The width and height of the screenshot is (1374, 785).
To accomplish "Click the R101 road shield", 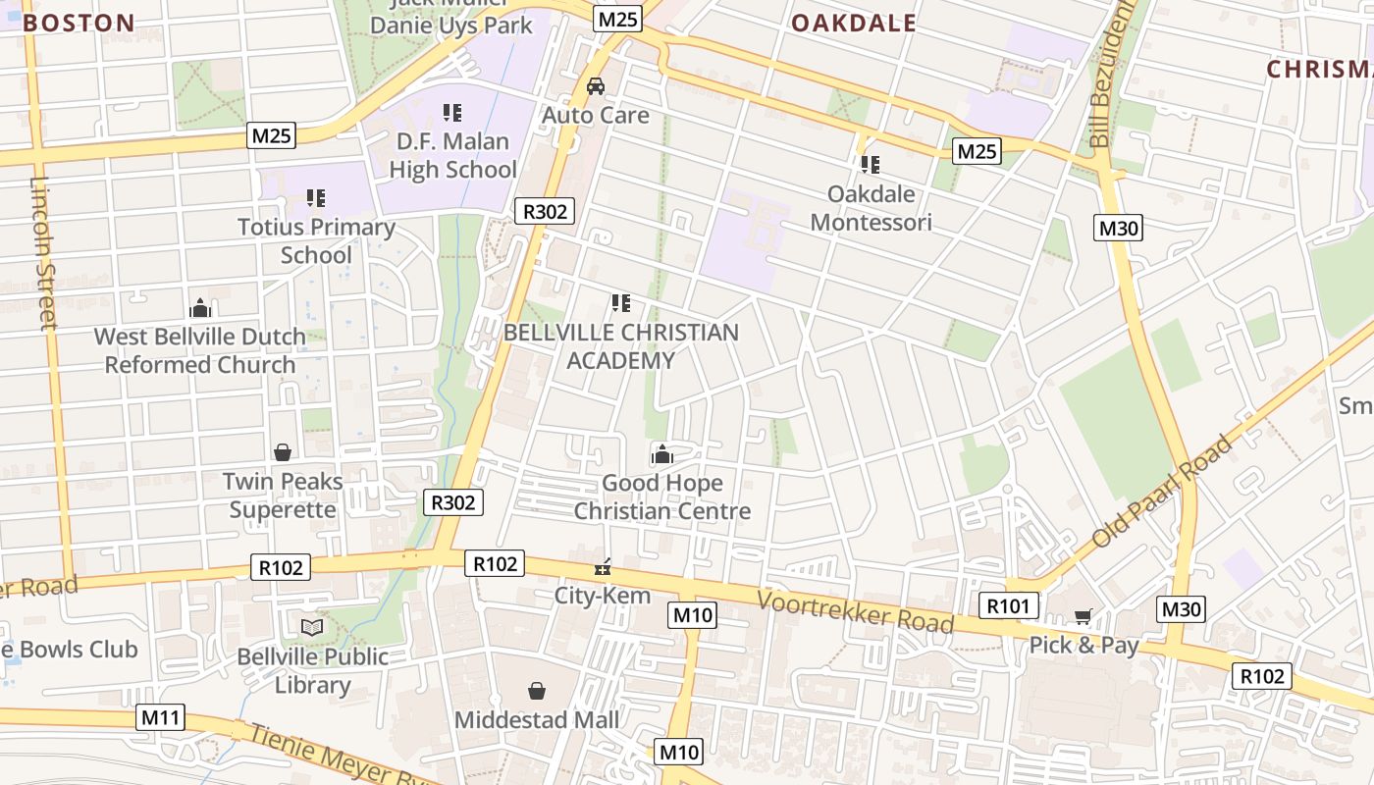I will [x=1008, y=605].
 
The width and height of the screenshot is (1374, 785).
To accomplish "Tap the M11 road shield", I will [x=161, y=717].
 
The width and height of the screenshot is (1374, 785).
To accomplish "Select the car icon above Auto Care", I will [x=596, y=86].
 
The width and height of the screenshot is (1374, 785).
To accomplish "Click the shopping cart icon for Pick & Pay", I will [x=1083, y=616].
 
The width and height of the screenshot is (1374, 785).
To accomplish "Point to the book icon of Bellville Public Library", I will [x=312, y=627].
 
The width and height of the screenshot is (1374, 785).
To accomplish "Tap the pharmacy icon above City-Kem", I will [x=603, y=566].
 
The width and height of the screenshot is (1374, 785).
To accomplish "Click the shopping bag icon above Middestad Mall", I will [x=536, y=691].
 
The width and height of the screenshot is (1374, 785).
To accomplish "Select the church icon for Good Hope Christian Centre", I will [x=662, y=453].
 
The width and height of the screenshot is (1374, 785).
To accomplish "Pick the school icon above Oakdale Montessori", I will [x=870, y=164].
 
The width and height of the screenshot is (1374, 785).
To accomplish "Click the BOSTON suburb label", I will [x=79, y=23].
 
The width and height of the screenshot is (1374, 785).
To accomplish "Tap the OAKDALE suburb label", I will [x=853, y=23].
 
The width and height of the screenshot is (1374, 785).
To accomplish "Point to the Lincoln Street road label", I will [x=45, y=253].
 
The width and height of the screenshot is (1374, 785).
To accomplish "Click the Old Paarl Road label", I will [x=1162, y=493].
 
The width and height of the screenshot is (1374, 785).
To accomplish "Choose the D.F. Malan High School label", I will [x=452, y=155].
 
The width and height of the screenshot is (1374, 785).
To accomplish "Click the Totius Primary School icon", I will [x=315, y=198].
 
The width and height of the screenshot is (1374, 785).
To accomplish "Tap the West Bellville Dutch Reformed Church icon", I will [x=200, y=308].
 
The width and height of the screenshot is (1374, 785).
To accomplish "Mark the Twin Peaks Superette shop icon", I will [x=283, y=452].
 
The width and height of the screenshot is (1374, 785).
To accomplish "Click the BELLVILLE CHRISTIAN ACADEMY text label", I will [x=620, y=346].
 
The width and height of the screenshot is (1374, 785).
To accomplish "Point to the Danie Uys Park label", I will [x=451, y=25].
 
